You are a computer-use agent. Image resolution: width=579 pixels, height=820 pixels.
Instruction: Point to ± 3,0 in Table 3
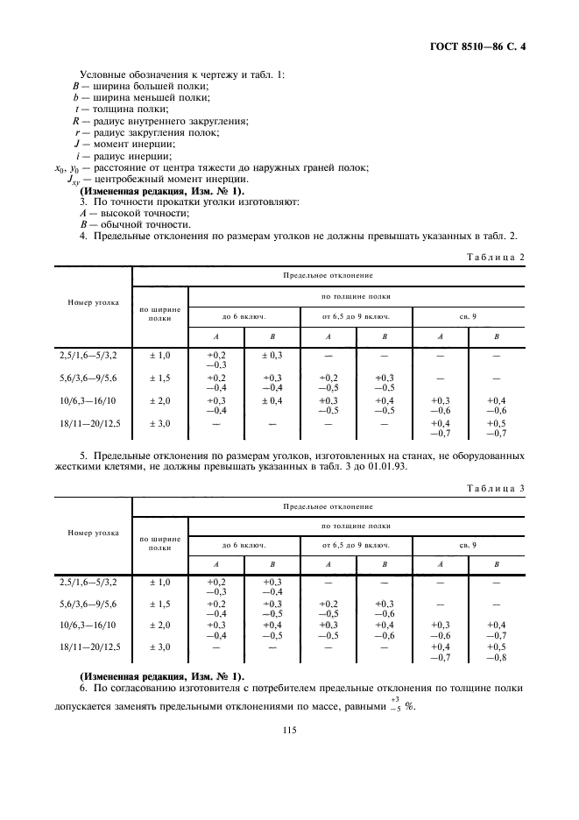(x=159, y=647)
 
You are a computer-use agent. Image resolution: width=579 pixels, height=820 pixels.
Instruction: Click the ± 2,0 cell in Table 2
(x=159, y=399)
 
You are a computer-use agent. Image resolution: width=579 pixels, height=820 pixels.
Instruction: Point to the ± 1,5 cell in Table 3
(x=159, y=605)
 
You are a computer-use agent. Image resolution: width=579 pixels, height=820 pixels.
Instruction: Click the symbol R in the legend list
(x=76, y=120)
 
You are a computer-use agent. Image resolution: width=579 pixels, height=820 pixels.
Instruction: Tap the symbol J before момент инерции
(x=77, y=144)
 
